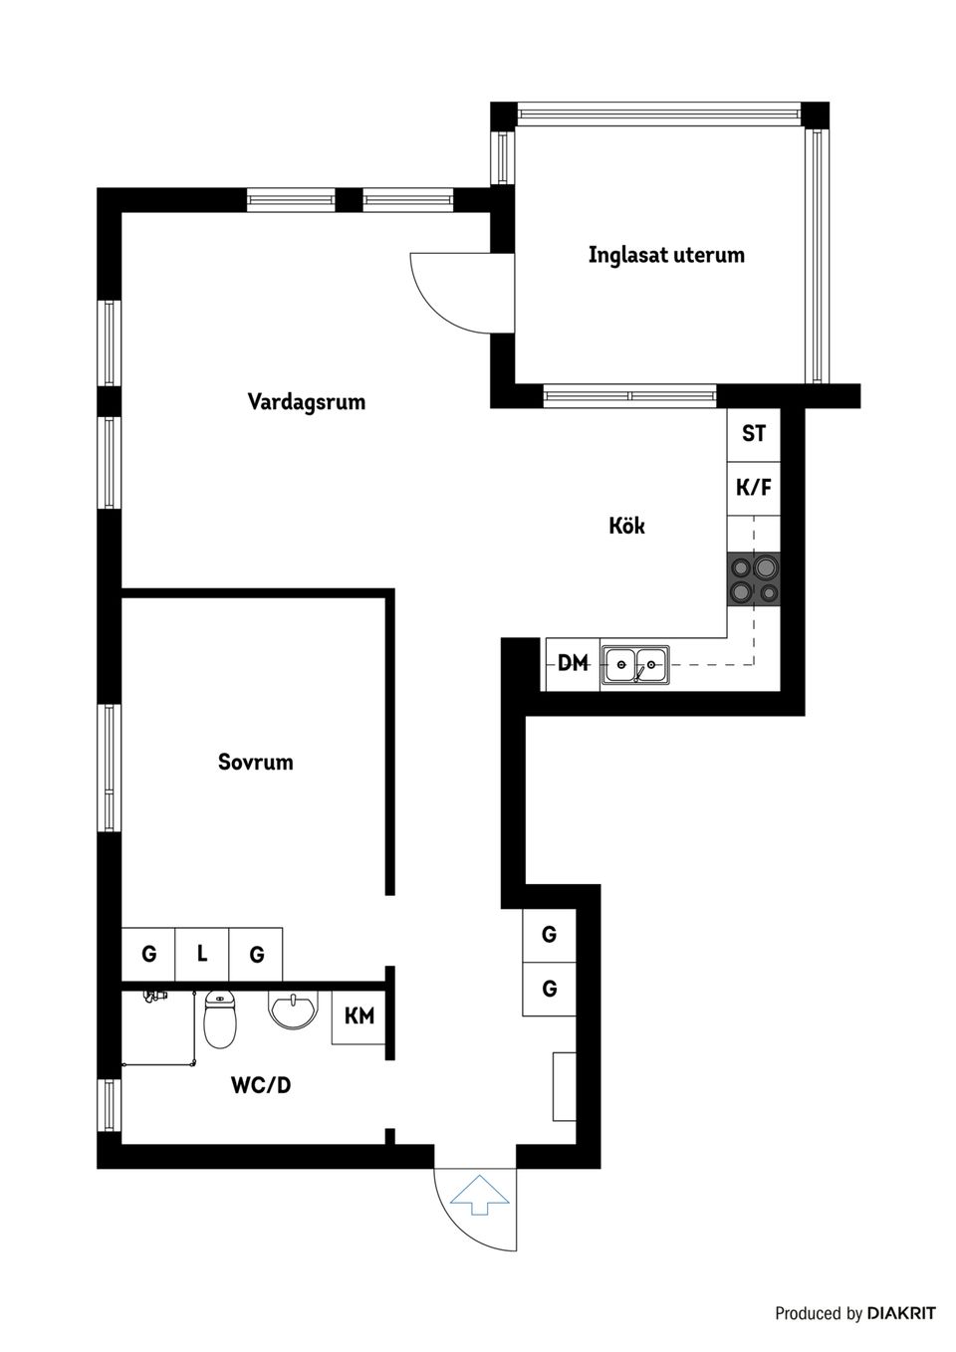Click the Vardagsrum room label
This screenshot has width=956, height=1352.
point(306,402)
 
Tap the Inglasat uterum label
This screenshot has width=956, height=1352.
point(666,254)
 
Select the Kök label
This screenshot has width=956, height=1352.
point(626,525)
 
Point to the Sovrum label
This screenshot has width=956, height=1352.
point(255,763)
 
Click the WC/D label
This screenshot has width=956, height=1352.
point(261,1085)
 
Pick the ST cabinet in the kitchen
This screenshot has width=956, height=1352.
point(753,434)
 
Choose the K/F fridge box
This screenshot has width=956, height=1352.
point(753,488)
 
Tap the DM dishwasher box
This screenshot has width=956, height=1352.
point(573,663)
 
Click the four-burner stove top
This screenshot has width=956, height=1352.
point(753,579)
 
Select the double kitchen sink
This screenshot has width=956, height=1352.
point(635,664)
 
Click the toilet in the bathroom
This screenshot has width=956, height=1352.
point(219,1019)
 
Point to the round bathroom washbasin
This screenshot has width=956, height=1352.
point(293,1012)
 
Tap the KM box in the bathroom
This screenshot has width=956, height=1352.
point(358,1016)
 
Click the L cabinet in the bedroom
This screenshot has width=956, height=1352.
point(202,955)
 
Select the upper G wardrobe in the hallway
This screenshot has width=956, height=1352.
point(549,935)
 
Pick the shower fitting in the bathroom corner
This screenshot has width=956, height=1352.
point(152,996)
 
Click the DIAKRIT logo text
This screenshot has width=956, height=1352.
point(900,1314)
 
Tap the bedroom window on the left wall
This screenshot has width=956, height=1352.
point(109,768)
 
